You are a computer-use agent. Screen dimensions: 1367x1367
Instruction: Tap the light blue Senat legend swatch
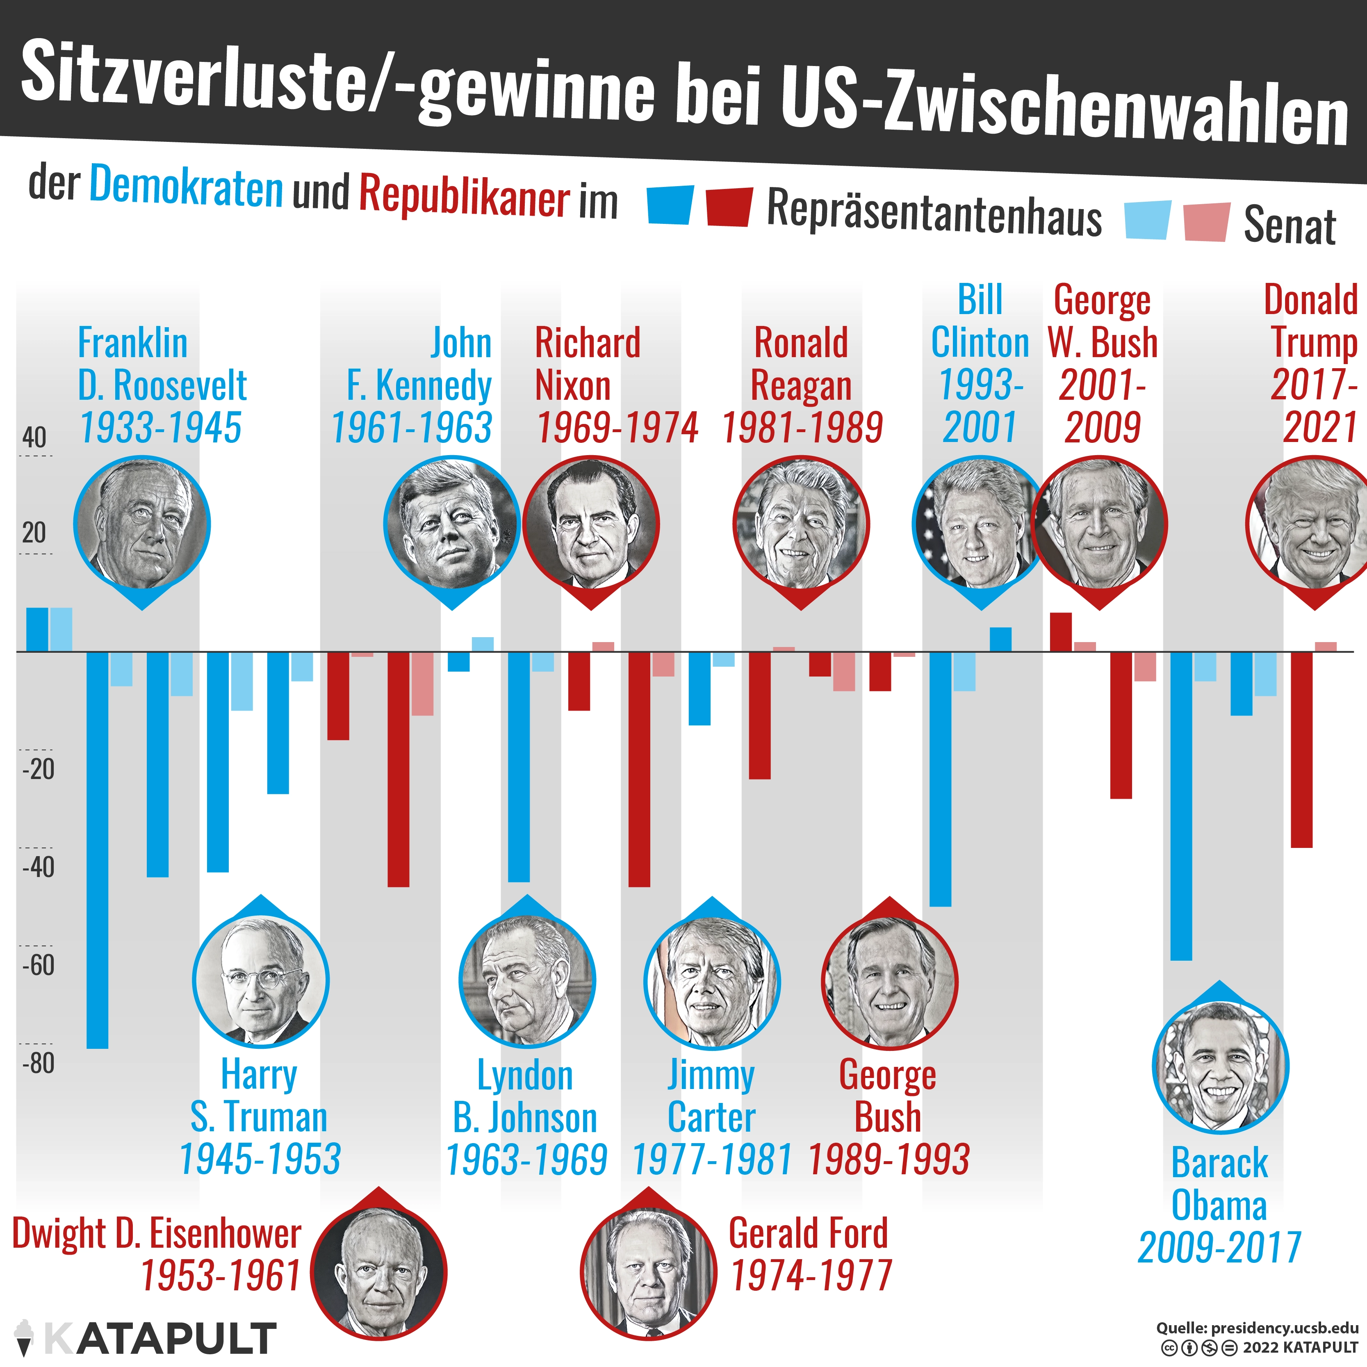[1147, 220]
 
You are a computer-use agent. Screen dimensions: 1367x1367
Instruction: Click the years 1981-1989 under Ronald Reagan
[802, 427]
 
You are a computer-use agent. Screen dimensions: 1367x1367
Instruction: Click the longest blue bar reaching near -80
[98, 849]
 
